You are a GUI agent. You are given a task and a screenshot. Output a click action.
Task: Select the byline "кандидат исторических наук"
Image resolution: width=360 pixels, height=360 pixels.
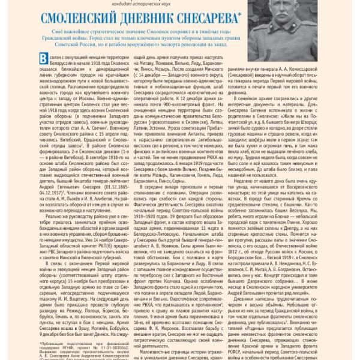(x=179, y=2)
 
